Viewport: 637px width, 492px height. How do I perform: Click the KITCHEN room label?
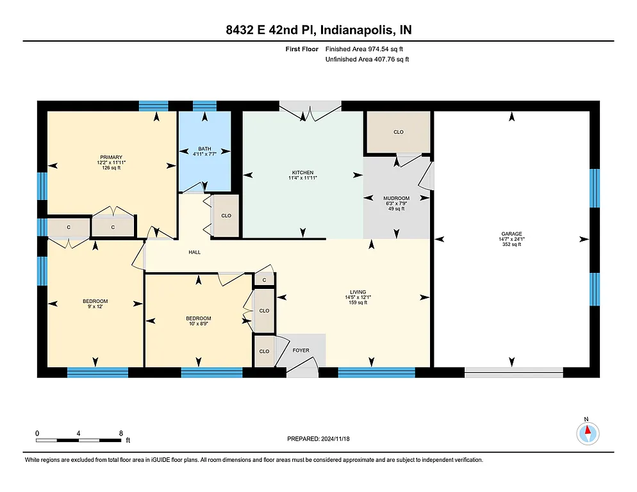click(x=302, y=173)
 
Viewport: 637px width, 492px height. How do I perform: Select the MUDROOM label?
click(x=396, y=199)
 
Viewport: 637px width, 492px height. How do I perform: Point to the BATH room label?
click(x=204, y=149)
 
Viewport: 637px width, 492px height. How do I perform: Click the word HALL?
click(x=194, y=252)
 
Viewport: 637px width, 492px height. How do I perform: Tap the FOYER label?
click(x=301, y=350)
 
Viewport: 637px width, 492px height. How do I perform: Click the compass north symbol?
click(x=587, y=432)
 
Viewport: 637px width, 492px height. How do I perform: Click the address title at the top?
click(x=318, y=30)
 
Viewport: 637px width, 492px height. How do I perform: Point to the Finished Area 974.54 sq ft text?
click(x=364, y=49)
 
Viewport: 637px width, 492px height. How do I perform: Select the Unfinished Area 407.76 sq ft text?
click(x=367, y=59)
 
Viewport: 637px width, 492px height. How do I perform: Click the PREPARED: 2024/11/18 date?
click(x=318, y=439)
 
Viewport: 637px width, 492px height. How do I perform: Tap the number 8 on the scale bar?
click(x=120, y=433)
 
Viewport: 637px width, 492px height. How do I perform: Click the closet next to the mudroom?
click(x=398, y=132)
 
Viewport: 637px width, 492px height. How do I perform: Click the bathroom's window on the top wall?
click(x=204, y=106)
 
